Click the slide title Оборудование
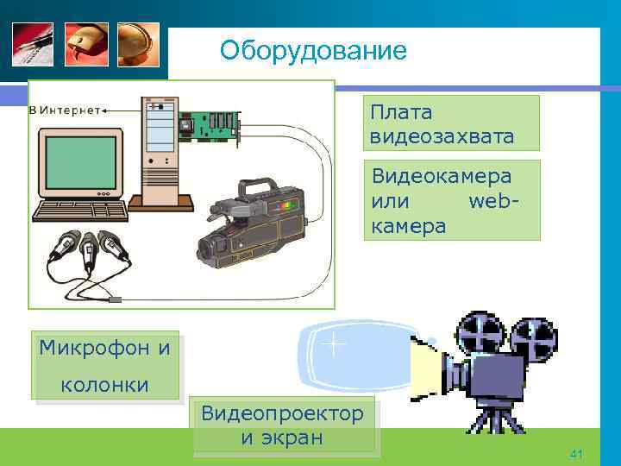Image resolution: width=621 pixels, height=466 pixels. click(x=312, y=51)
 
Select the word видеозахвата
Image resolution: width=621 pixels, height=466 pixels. click(x=442, y=136)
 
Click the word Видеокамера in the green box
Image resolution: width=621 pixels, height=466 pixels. click(x=442, y=176)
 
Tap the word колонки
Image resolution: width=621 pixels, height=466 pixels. click(x=104, y=384)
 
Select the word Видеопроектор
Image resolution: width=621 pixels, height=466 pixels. click(x=283, y=413)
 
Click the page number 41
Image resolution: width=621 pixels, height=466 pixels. click(x=577, y=453)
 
